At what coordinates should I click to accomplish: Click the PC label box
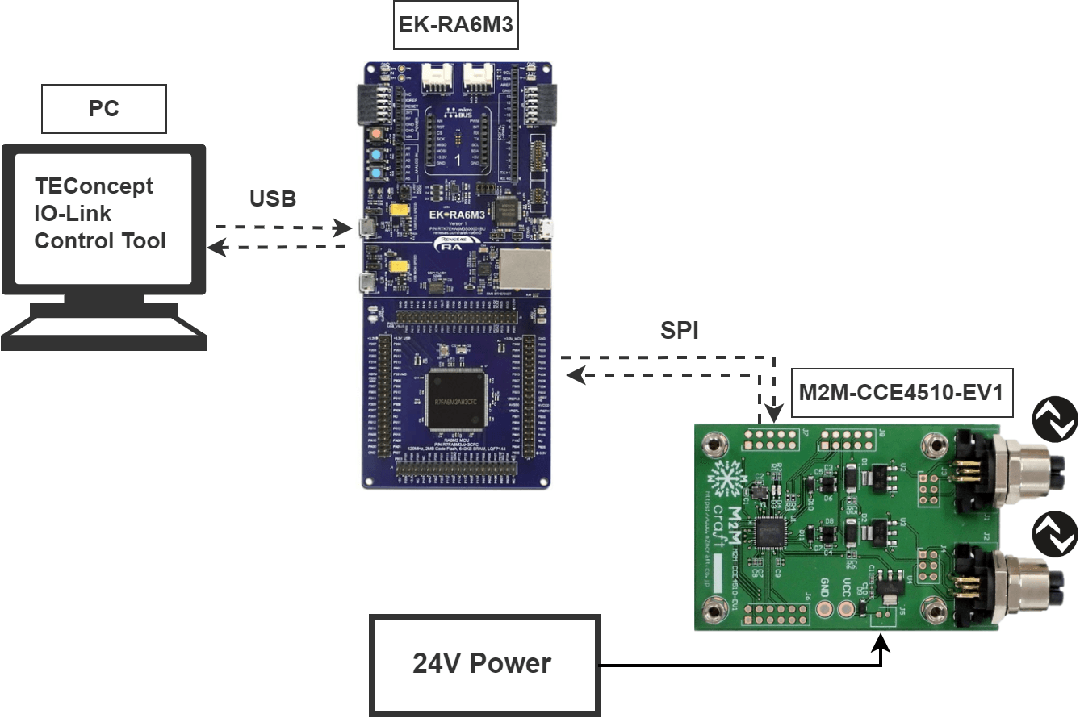coord(104,110)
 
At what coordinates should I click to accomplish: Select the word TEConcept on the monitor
coord(94,186)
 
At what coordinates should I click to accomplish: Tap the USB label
coord(274,198)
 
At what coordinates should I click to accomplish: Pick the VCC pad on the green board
coord(847,606)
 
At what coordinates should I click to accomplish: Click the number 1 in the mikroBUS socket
coord(458,159)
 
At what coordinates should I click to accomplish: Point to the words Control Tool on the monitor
coord(100,241)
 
